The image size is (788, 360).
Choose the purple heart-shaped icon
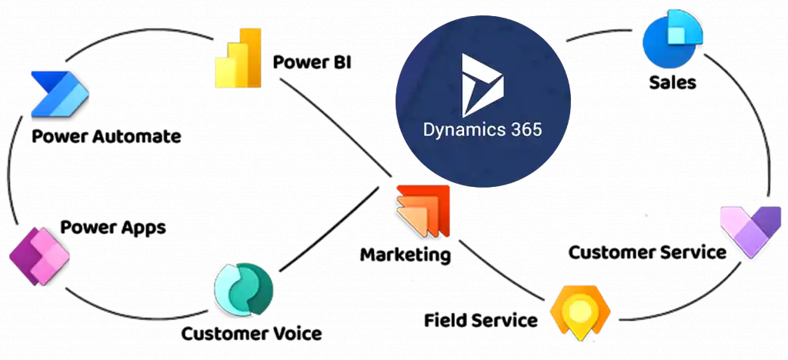(750, 230)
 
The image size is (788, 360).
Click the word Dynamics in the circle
(459, 128)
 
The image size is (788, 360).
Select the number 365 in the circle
(525, 128)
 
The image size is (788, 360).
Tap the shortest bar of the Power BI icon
(224, 74)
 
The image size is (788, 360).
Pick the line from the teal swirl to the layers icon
(331, 232)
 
